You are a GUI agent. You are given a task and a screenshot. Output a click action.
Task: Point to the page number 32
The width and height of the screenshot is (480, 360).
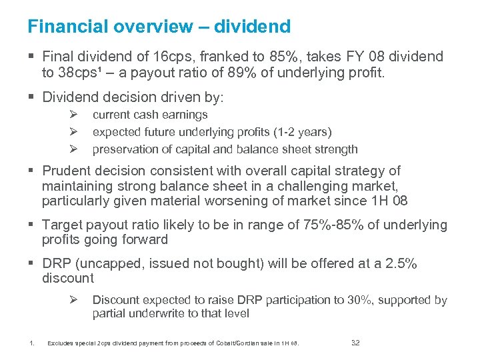pyautogui.click(x=355, y=343)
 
